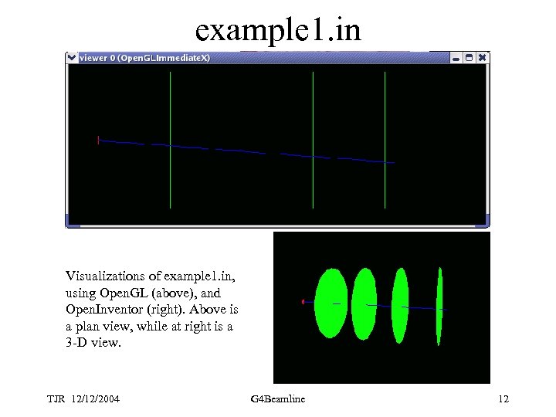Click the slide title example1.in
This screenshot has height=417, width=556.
277,30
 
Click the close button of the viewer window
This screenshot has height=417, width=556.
483,57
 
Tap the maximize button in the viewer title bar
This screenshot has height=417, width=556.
469,57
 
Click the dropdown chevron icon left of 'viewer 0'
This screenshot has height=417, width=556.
72,57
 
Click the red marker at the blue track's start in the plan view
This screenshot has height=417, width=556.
98,140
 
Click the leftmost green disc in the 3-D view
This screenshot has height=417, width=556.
331,303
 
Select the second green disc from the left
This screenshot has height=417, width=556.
364,303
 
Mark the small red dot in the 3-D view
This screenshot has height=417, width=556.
303,301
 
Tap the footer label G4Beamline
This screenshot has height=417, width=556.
278,398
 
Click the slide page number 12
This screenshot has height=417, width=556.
503,398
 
